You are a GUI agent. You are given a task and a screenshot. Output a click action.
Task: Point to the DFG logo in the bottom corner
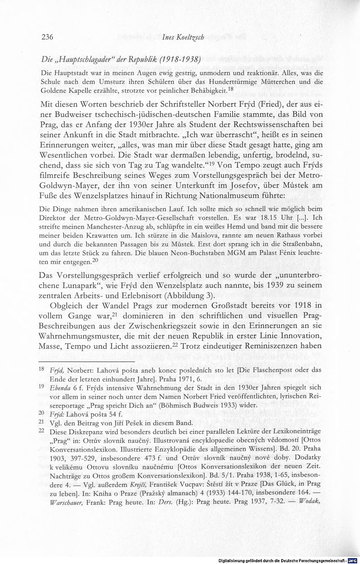[354, 560]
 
